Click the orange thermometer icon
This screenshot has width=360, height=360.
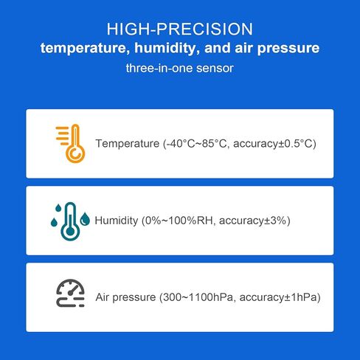pyautogui.click(x=71, y=143)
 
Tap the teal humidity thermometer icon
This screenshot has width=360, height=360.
pyautogui.click(x=71, y=220)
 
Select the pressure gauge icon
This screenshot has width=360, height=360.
pyautogui.click(x=71, y=294)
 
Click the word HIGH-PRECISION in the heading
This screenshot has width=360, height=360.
pyautogui.click(x=179, y=30)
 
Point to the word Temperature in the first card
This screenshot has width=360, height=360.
pyautogui.click(x=128, y=143)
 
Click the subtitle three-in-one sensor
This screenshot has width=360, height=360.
pyautogui.click(x=179, y=69)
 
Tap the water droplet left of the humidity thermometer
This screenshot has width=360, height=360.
pyautogui.click(x=54, y=221)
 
